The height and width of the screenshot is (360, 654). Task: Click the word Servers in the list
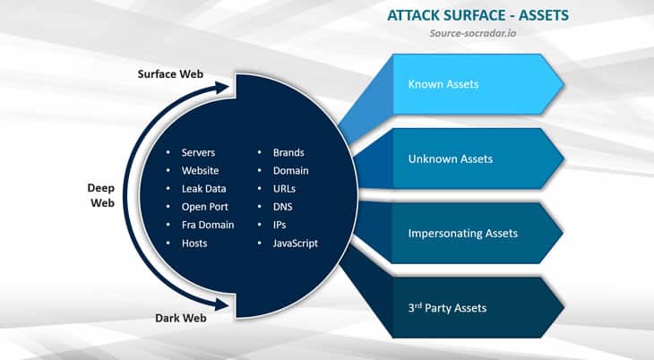[x=198, y=153]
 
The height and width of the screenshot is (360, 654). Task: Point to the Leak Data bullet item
[x=203, y=189]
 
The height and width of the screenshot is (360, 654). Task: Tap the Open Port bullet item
[x=202, y=207]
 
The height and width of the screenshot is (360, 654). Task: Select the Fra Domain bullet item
[x=207, y=225]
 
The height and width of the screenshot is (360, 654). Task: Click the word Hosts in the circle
[x=194, y=243]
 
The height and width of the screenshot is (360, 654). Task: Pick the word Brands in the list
[x=288, y=153]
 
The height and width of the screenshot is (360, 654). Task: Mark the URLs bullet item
[x=284, y=189]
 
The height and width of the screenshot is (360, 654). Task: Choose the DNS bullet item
[x=283, y=207]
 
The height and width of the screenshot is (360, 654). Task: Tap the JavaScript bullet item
[x=296, y=243]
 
